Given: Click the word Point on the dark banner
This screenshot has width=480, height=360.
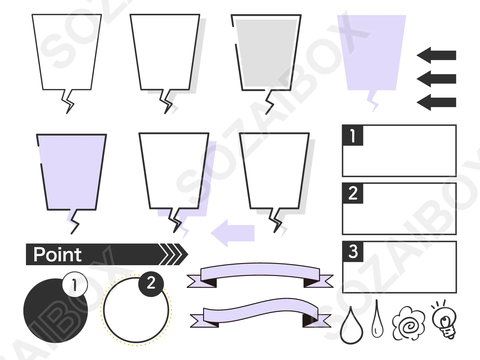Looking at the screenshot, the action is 58,254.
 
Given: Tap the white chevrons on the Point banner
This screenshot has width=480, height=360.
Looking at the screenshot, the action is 171,254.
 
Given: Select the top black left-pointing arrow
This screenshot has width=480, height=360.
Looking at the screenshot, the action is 436,55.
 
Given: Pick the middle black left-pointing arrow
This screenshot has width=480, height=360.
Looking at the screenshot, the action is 436,79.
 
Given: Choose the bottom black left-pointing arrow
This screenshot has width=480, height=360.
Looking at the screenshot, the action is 436,102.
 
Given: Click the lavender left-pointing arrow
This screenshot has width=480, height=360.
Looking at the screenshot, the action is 232,233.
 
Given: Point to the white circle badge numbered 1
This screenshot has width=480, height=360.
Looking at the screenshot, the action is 75,284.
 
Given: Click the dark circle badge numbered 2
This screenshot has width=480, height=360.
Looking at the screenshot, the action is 151,284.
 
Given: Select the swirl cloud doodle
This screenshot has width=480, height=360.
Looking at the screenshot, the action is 409,324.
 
